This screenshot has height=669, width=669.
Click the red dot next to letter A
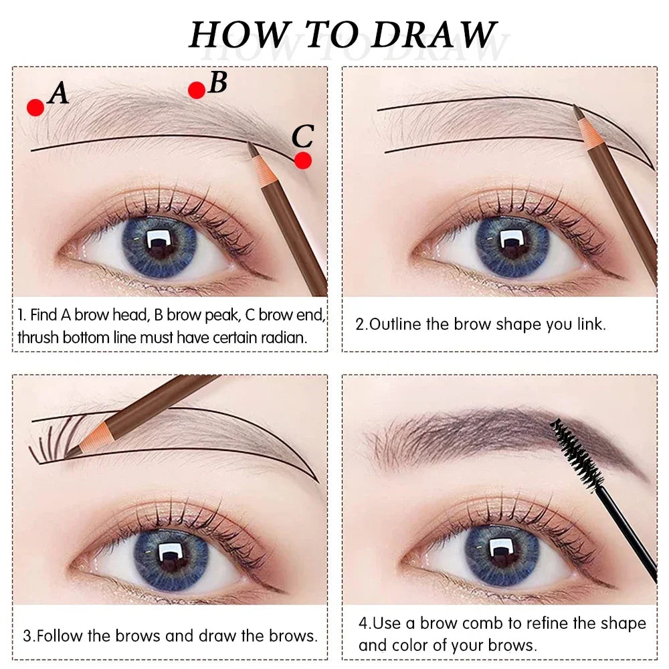[x=35, y=107]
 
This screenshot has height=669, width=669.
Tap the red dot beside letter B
[x=196, y=90]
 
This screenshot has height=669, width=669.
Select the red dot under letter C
[x=303, y=161]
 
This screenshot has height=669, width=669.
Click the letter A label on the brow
[x=59, y=94]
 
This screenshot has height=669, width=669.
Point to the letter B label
[x=218, y=82]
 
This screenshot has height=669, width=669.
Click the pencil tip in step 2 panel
[x=577, y=108]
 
